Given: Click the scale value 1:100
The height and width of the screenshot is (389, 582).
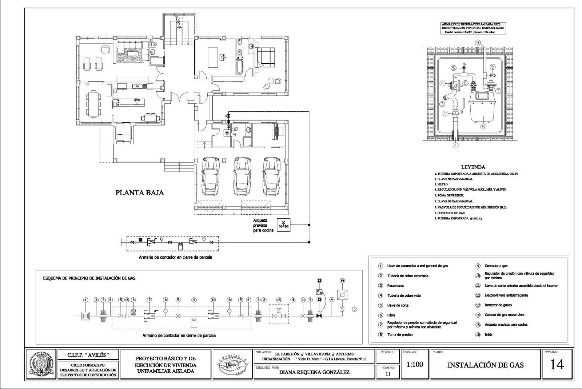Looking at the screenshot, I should [415, 364].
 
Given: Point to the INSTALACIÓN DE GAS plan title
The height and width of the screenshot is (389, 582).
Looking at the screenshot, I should [486, 365].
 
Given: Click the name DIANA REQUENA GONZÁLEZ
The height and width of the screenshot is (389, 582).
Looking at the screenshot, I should [314, 372].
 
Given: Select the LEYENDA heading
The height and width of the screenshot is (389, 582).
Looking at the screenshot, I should [473, 167].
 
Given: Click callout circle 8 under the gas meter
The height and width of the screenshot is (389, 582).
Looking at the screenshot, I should [483, 127].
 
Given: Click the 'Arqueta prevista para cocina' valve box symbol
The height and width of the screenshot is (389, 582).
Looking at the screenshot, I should [283, 225].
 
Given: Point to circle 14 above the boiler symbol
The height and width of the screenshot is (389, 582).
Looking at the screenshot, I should [342, 281].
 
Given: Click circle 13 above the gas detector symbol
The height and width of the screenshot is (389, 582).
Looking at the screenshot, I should [319, 281].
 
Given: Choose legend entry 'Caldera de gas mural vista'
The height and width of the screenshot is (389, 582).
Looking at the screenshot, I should [504, 315].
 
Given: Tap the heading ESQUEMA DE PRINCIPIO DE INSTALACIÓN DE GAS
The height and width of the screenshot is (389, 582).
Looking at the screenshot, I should [89, 278].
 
